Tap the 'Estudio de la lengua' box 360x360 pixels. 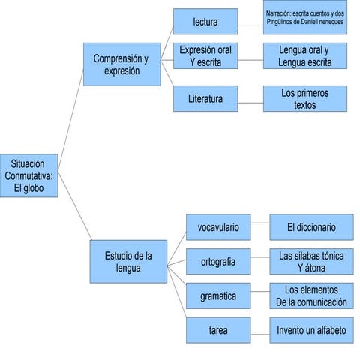click(128, 262)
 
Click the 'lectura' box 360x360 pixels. click(205, 22)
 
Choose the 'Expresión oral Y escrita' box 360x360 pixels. click(205, 56)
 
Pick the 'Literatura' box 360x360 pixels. click(205, 98)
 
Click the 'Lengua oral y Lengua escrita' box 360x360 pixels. click(304, 56)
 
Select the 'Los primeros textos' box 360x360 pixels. click(304, 98)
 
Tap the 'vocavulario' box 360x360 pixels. click(217, 226)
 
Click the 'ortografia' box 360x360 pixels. click(217, 262)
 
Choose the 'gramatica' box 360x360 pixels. click(217, 296)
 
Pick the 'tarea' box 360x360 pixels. click(217, 330)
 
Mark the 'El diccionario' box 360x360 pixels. click(310, 226)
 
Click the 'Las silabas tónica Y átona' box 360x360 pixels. click(310, 262)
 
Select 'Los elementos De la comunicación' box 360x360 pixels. click(310, 296)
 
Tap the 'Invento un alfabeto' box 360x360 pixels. click(310, 330)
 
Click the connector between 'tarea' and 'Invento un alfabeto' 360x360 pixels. click(259, 330)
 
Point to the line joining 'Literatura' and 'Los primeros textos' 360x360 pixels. click(250, 98)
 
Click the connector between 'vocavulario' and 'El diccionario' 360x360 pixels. click(259, 226)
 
